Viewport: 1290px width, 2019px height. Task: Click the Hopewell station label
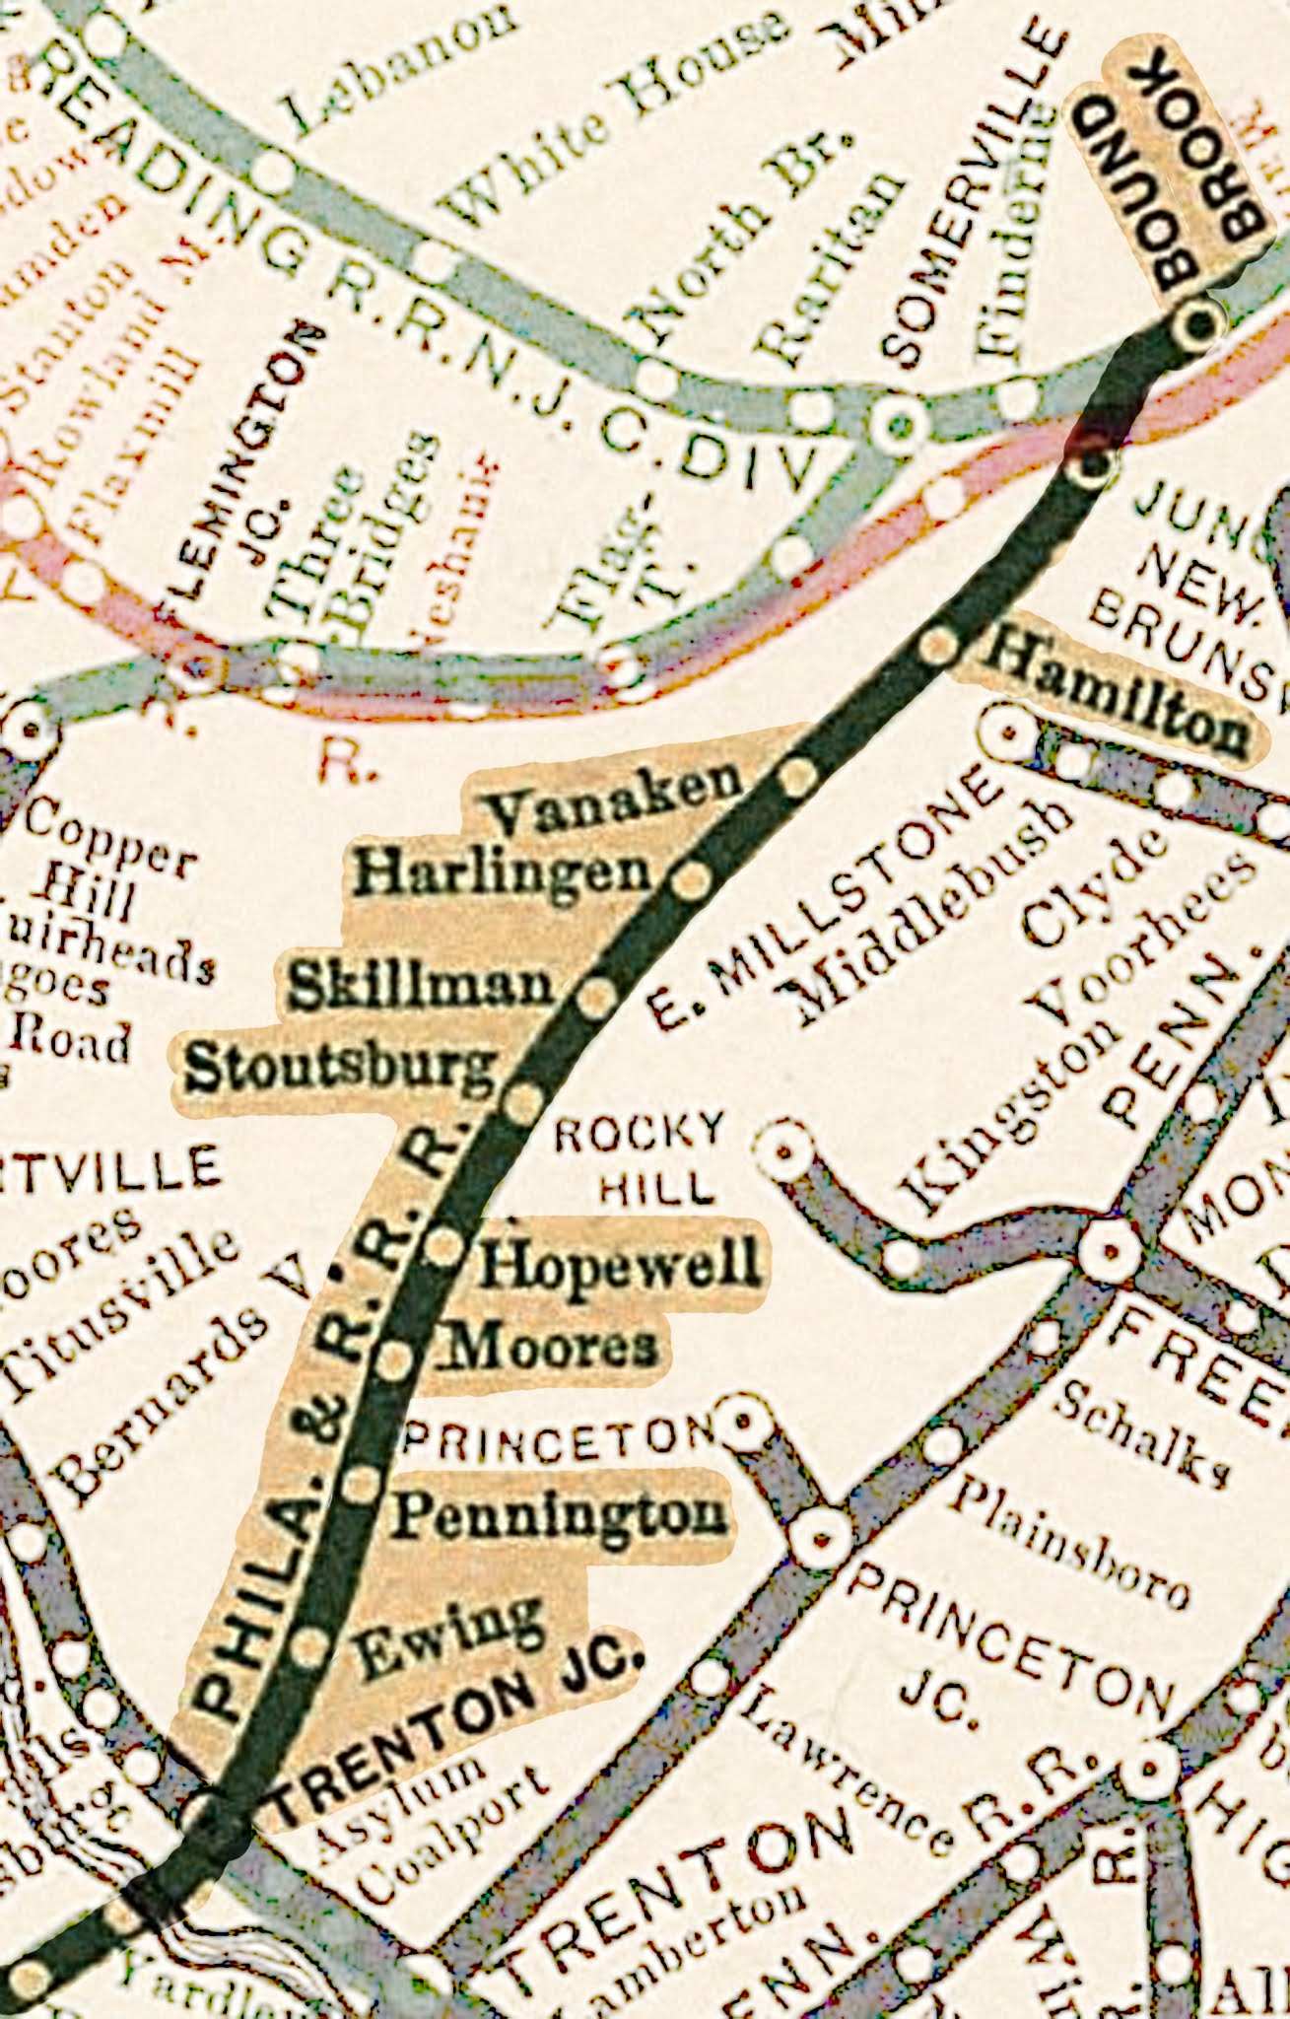coord(619,1264)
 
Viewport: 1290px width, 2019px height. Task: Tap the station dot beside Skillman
coord(595,996)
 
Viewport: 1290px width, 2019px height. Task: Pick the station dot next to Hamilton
coord(938,645)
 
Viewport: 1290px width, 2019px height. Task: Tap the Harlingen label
coord(503,871)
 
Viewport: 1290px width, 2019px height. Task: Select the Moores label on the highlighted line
coord(546,1347)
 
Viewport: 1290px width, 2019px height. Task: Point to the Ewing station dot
coord(310,1642)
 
